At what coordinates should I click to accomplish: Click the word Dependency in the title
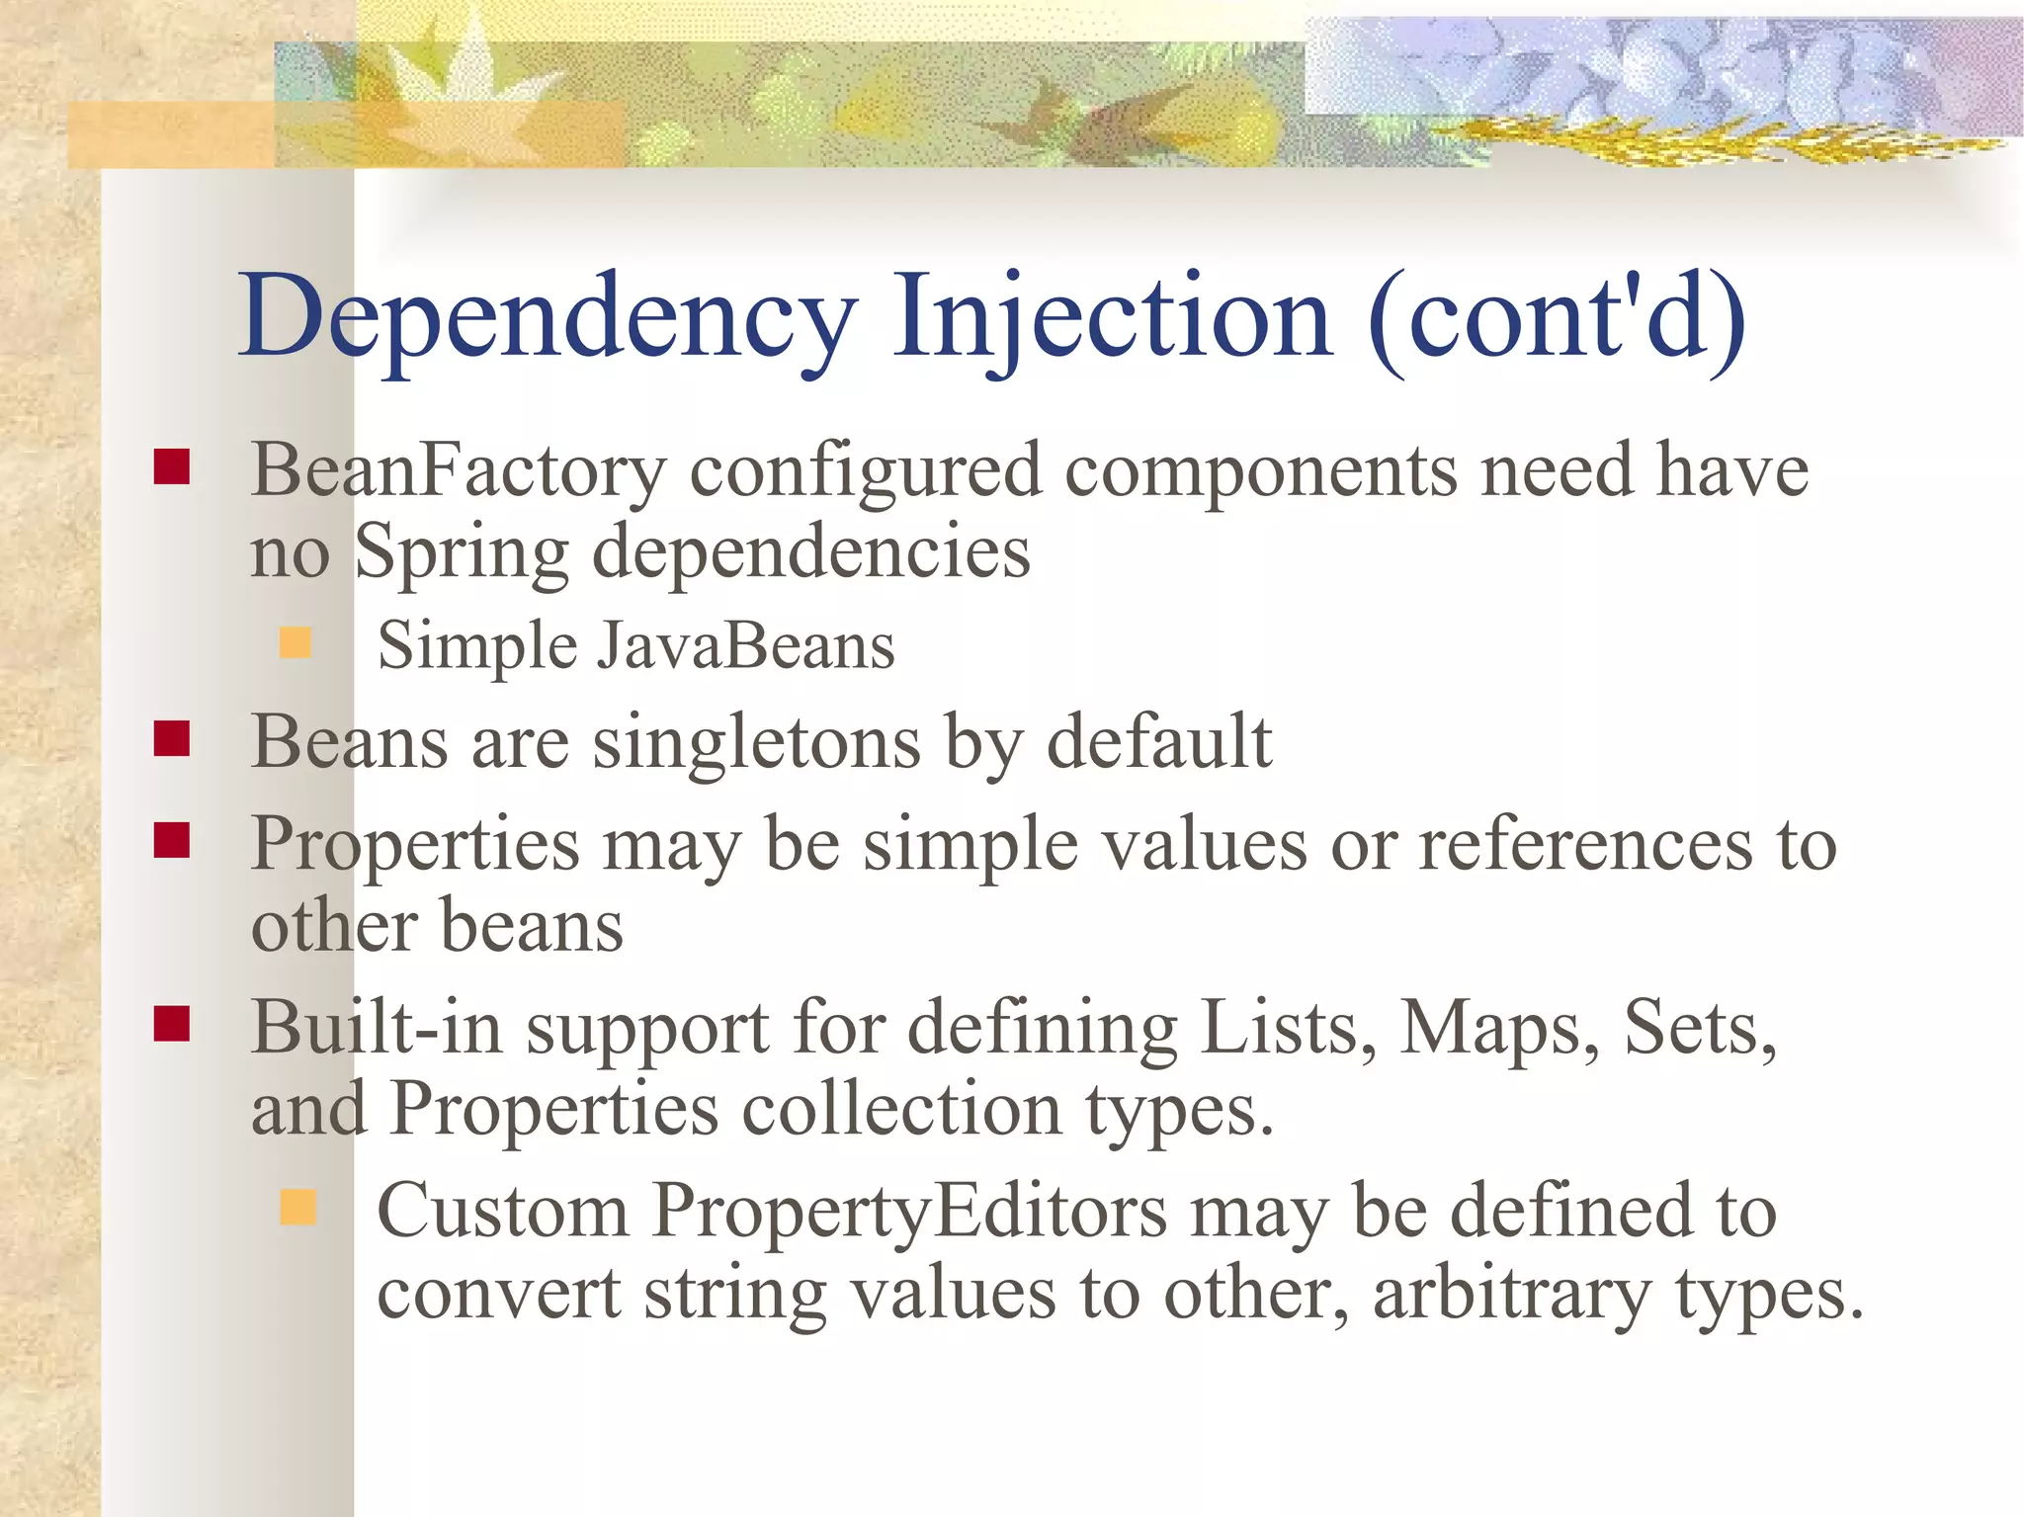[548, 318]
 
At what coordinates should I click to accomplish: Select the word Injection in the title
[1112, 318]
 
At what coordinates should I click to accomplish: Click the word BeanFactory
[459, 470]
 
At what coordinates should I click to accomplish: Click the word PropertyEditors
[909, 1212]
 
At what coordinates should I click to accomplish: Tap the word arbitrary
[1511, 1294]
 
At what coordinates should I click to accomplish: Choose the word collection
[901, 1109]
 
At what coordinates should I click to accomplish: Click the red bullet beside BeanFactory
[172, 466]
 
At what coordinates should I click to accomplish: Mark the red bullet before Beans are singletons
[172, 738]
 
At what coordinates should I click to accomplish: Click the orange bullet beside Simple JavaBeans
[295, 643]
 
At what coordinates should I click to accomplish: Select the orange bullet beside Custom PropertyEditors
[297, 1208]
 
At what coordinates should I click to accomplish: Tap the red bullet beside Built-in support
[172, 1025]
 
